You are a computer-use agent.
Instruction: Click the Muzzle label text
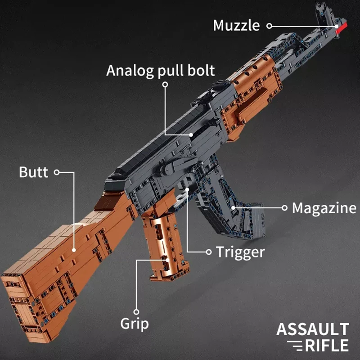pos(237,25)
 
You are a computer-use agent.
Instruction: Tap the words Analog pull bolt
pos(161,71)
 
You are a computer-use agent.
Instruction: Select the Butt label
pos(33,172)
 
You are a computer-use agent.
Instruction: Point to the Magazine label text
pos(324,208)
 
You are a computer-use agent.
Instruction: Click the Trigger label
pos(240,252)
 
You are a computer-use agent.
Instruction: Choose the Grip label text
pos(135,324)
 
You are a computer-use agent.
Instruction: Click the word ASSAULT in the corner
pos(313,329)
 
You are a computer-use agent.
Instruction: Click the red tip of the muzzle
pos(342,27)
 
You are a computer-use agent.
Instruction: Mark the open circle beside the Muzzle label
pos(269,26)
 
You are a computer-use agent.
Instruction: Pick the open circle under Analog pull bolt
pos(165,85)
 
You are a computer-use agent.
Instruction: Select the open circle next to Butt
pos(57,172)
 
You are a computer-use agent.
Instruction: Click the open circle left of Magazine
pos(284,208)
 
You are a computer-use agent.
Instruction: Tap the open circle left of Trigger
pos(209,252)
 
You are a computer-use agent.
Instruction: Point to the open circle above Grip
pos(136,312)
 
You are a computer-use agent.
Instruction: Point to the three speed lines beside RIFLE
pos(295,346)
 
